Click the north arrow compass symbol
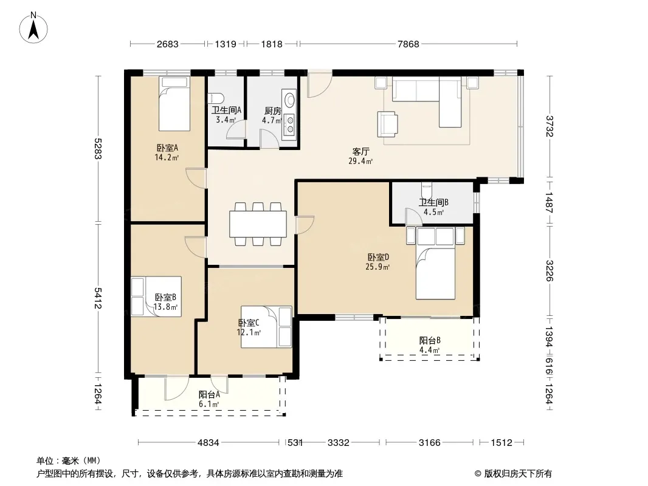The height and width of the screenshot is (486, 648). (33, 28)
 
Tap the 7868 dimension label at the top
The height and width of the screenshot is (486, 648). (408, 44)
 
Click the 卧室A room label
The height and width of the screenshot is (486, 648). (167, 148)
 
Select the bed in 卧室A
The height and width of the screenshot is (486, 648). (174, 104)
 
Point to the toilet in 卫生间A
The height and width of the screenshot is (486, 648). (216, 98)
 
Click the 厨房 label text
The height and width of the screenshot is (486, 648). (272, 111)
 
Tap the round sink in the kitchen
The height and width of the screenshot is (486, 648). (290, 100)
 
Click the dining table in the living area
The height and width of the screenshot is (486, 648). (258, 224)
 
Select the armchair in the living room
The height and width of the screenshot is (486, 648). (388, 124)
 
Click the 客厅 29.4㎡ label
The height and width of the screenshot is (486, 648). (360, 157)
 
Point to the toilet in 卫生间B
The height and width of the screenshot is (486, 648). (427, 190)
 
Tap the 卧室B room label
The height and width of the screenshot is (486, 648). (166, 297)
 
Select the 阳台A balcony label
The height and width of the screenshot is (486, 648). (209, 395)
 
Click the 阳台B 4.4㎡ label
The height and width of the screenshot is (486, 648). (430, 345)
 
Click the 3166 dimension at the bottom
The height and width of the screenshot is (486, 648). (430, 443)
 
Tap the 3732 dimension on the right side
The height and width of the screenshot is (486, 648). (550, 126)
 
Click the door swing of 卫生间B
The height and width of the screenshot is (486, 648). (412, 216)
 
